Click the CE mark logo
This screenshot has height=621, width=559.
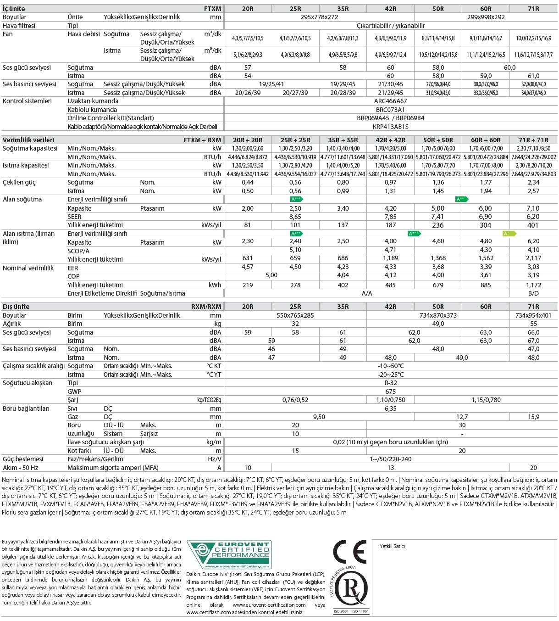349,551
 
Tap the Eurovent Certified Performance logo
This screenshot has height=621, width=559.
229,555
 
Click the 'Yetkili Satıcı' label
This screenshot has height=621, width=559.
392,546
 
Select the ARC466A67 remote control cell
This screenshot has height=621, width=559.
390,101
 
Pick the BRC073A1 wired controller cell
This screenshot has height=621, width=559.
390,110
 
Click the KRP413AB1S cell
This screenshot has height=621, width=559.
390,127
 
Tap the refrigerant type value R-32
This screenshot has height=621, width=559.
390,383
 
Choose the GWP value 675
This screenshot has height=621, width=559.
390,392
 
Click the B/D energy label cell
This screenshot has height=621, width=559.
533,293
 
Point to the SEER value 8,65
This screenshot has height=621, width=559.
295,217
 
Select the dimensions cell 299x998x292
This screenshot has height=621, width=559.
486,17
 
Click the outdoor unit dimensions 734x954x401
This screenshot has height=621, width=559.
533,315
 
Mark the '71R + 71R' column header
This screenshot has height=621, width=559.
533,140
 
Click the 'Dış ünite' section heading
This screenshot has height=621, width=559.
16,307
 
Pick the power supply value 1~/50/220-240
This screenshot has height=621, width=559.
390,459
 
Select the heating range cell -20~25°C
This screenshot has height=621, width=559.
390,375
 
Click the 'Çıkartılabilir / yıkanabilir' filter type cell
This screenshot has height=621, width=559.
390,26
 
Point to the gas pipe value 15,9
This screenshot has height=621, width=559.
533,417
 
